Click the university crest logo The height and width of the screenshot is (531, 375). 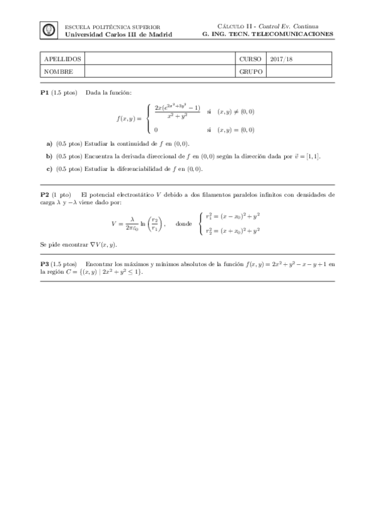[x=48, y=30]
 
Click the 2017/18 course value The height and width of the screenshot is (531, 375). [x=280, y=59]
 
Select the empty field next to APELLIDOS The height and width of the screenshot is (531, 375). [x=160, y=59]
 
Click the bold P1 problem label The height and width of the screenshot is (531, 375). [x=44, y=93]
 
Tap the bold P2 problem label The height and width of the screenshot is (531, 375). [x=44, y=195]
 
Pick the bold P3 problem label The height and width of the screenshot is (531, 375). [x=44, y=264]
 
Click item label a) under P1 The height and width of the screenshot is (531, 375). [x=49, y=143]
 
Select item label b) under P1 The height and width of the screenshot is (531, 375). [x=49, y=156]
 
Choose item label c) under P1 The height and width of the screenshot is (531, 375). [x=49, y=168]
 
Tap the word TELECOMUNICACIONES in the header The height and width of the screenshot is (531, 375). [x=295, y=34]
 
